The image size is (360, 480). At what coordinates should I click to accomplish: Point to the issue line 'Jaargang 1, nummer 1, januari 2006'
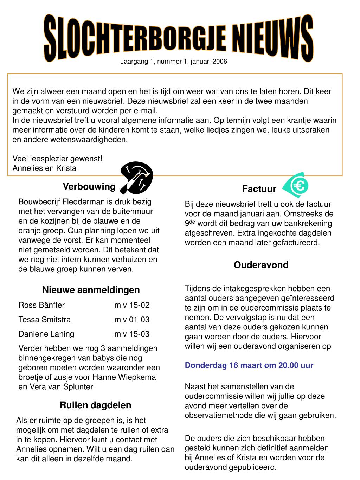[174, 62]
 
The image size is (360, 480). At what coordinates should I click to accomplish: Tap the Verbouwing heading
[89, 186]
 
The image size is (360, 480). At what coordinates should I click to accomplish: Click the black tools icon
[136, 178]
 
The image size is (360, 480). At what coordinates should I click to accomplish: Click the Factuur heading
[259, 189]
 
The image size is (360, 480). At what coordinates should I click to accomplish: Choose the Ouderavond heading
[261, 265]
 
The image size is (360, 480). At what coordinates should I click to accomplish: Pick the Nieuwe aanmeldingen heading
[91, 290]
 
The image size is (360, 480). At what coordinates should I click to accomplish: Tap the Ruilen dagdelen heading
[96, 405]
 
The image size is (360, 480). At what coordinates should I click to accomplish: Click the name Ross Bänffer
[41, 305]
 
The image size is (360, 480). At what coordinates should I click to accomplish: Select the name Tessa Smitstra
[45, 320]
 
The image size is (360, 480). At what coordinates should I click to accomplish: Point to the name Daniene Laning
[46, 334]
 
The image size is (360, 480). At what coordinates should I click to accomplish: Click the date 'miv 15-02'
[132, 305]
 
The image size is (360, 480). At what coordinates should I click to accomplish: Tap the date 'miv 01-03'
[132, 320]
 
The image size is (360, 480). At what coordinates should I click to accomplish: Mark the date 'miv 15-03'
[132, 334]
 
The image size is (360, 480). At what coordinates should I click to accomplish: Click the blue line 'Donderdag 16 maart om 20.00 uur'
[249, 365]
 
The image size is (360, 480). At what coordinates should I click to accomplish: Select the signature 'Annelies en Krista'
[44, 168]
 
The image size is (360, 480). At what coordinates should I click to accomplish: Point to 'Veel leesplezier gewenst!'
[57, 159]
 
